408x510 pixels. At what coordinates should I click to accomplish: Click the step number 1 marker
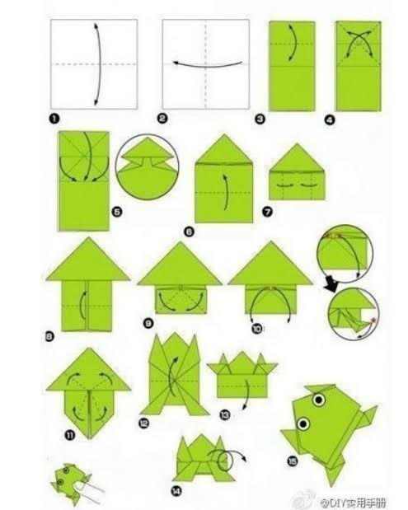54,119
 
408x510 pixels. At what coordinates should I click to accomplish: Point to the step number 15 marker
290,461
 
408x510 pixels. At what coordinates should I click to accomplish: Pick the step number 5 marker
116,212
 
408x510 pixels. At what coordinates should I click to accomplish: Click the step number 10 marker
257,327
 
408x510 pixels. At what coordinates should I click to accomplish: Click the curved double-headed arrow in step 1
96,63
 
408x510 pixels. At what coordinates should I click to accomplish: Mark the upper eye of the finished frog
317,400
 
